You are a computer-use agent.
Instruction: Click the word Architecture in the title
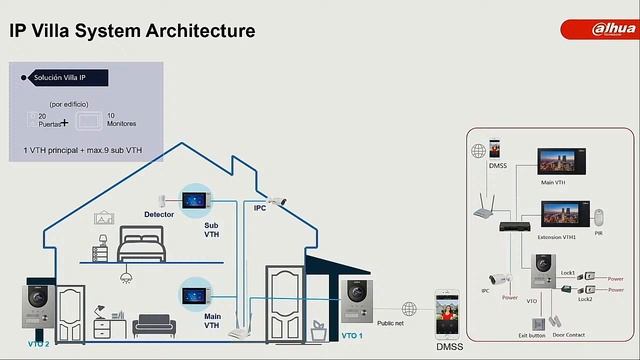coord(199,31)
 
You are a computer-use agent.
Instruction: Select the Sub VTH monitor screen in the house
coord(193,195)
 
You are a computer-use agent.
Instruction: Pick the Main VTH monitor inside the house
coord(193,296)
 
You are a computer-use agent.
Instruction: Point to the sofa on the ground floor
coord(154,324)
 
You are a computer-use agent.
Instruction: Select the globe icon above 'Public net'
coord(408,309)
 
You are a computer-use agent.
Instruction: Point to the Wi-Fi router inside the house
coord(237,331)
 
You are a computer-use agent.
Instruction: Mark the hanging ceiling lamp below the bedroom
coord(126,275)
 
